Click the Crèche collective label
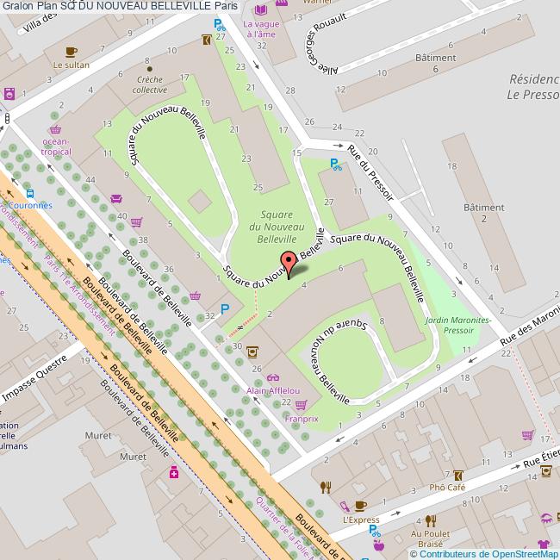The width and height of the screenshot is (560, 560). pos(151,84)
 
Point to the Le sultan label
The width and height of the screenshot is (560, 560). pos(71,64)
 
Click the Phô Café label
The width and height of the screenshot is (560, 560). pos(449,487)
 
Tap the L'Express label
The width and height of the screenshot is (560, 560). pos(360,520)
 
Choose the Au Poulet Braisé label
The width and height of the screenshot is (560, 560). pos(430,538)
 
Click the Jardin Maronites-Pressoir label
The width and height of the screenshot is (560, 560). pos(458,324)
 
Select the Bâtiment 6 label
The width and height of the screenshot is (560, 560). pos(435,62)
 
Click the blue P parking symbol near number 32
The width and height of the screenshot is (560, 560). pos(226,309)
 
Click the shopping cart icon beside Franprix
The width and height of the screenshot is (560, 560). pos(301,404)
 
